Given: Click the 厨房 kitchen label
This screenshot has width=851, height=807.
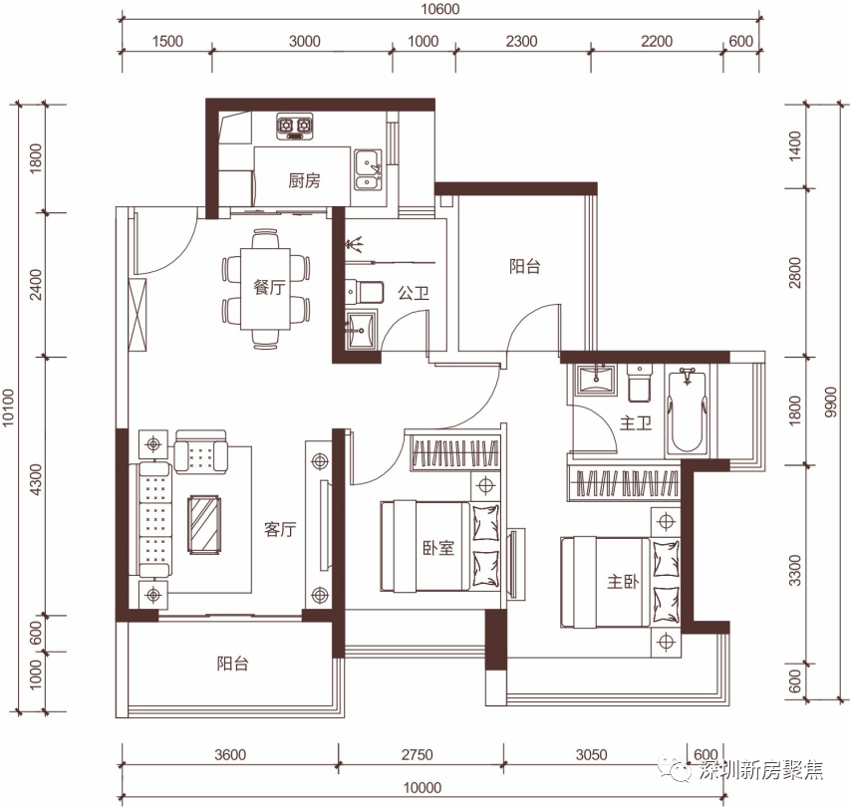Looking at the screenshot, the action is pos(304,180).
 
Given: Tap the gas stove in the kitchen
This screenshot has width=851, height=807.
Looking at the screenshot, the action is pos(295,127).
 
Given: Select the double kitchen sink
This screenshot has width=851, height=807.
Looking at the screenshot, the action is pos(368,169).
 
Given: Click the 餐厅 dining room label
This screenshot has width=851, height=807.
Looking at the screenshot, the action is pos(269,287).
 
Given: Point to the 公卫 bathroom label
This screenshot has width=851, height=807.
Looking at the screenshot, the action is pos(414,294).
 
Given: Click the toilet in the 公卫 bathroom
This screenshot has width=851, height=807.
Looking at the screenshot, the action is pos(364,292).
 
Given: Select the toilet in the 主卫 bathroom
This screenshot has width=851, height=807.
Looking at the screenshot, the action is pos(640,383).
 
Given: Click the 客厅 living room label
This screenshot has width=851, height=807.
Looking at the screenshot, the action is pos(280,529).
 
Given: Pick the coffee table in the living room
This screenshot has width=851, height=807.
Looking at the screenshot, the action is pos(204,524).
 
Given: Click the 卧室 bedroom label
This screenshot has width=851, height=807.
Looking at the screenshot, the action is pos(438,548).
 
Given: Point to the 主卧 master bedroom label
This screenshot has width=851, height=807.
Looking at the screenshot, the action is pos(623,582).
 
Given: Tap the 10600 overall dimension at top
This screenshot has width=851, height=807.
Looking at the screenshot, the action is pos(439,9).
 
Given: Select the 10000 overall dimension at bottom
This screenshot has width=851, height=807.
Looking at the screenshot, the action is pos(423,787).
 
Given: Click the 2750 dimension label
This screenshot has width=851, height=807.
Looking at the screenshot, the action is pos(417,754).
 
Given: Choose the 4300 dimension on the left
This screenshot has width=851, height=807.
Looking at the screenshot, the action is pos(35,479).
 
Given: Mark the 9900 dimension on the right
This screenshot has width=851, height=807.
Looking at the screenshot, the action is pos(830,403).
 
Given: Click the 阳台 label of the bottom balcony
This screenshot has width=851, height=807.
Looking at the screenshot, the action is pos(233,664).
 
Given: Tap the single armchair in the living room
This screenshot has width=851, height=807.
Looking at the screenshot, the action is pos(201,451).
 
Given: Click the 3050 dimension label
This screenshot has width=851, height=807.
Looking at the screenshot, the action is pos(591,754).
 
